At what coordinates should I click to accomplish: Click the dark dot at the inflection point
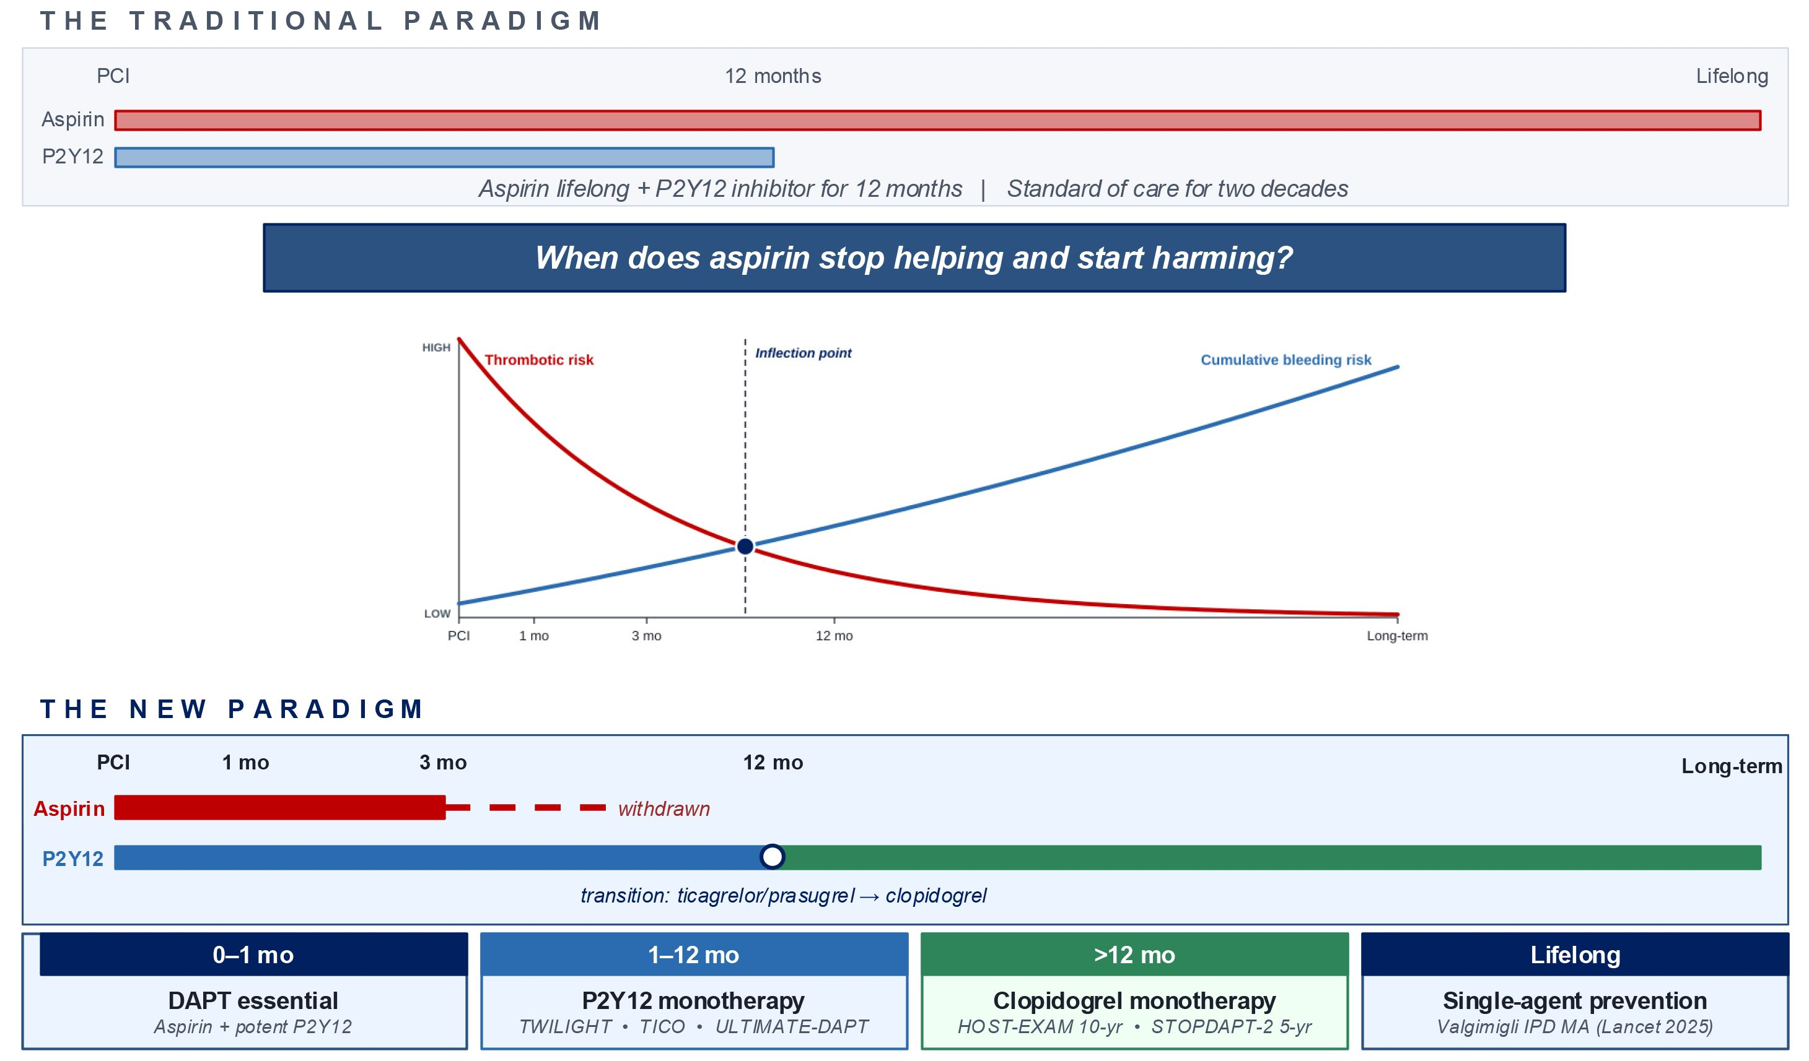coord(745,547)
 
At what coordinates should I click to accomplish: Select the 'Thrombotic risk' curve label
coord(539,360)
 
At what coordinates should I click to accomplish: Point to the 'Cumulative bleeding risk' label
coord(1286,360)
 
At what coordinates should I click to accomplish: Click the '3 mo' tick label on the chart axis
coord(646,636)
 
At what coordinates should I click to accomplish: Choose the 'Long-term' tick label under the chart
coord(1397,636)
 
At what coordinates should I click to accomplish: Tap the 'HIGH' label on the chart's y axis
coord(436,348)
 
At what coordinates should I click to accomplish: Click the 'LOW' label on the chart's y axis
coord(437,614)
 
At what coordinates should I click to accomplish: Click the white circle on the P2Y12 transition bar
coord(773,857)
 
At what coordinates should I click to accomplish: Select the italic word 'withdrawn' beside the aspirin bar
coord(664,809)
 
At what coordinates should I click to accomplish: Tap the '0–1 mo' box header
coord(253,955)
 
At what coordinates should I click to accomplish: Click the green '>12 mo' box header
coord(1134,955)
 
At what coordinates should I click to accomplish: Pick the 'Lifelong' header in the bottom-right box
coord(1575,955)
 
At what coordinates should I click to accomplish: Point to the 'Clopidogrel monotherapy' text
coord(1134,1001)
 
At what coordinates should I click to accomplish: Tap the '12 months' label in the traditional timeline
coord(773,76)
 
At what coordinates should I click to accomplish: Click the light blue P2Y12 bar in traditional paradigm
coord(444,157)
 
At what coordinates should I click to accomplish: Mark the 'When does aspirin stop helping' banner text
coord(914,258)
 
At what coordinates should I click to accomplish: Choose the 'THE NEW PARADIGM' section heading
coord(232,709)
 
